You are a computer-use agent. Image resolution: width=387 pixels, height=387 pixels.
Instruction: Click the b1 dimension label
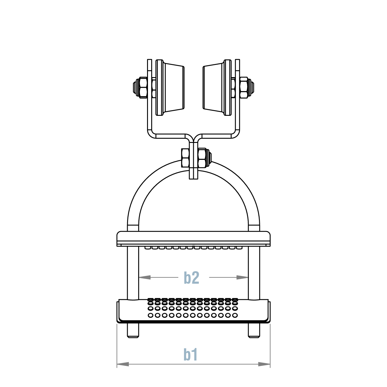pyautogui.click(x=191, y=355)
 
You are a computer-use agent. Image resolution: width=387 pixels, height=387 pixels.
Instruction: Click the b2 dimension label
pyautogui.click(x=191, y=277)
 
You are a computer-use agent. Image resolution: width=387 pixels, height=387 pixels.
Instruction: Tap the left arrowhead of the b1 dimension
pyautogui.click(x=122, y=364)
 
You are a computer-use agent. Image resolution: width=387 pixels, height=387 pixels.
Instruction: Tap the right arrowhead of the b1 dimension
pyautogui.click(x=264, y=364)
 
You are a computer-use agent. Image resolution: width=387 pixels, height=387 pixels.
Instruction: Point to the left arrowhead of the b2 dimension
pyautogui.click(x=145, y=277)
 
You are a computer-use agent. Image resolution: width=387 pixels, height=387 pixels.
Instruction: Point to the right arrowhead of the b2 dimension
pyautogui.click(x=242, y=277)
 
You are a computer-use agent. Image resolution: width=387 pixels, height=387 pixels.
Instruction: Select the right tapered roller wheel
pyautogui.click(x=213, y=88)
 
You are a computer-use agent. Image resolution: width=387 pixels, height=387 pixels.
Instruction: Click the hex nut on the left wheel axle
pyautogui.click(x=143, y=87)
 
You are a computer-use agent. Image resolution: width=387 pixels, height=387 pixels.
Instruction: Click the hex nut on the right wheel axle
pyautogui.click(x=244, y=87)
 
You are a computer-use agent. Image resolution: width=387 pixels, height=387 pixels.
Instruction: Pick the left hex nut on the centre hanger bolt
pyautogui.click(x=185, y=158)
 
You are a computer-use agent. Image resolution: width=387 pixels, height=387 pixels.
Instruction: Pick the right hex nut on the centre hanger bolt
pyautogui.click(x=202, y=158)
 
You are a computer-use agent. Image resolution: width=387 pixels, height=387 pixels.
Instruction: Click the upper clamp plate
pyautogui.click(x=193, y=238)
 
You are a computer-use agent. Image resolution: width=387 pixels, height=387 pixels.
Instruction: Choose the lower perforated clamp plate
pyautogui.click(x=193, y=311)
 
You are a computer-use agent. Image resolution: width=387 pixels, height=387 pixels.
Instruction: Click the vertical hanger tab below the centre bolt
pyautogui.click(x=193, y=174)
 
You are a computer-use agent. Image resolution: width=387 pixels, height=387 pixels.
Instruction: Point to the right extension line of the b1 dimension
pyautogui.click(x=270, y=345)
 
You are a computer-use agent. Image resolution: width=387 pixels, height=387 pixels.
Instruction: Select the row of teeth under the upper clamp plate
pyautogui.click(x=193, y=248)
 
